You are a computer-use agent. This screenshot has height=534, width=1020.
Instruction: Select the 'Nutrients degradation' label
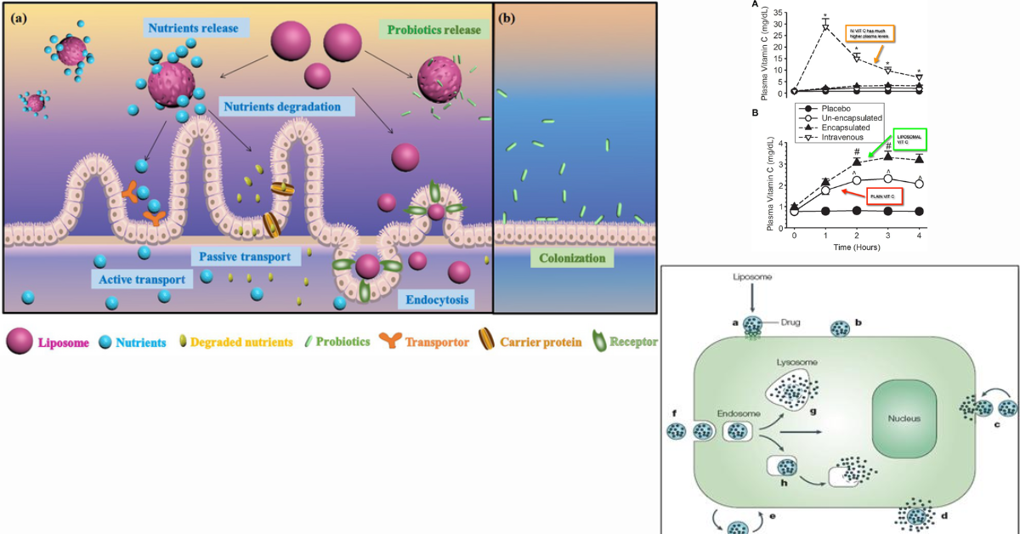tap(281, 107)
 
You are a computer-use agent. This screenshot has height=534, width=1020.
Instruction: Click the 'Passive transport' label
tap(245, 256)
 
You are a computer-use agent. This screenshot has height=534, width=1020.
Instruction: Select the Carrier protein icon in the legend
tap(489, 342)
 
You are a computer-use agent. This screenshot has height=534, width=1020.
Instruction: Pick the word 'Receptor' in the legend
tap(632, 342)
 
